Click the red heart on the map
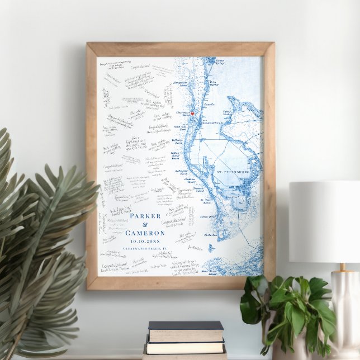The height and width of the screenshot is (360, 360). [x=192, y=113]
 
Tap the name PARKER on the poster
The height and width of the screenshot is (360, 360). [x=145, y=216]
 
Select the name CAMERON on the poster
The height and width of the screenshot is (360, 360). [x=145, y=233]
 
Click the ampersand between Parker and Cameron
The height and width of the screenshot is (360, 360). [x=145, y=224]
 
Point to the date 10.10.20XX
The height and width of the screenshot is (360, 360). [x=145, y=241]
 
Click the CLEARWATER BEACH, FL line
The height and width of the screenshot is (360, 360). [x=145, y=250]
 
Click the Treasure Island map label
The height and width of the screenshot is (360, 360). [x=198, y=190]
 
